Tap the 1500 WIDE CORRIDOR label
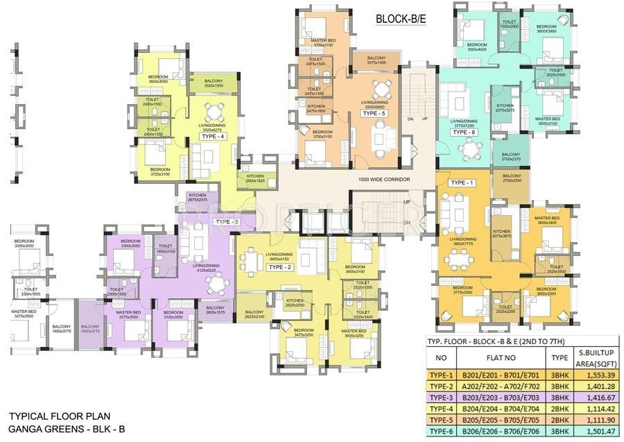[384, 179]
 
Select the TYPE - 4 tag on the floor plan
[213, 137]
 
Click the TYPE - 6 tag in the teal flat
[464, 132]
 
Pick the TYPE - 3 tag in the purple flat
[227, 221]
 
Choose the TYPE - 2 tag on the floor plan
[280, 266]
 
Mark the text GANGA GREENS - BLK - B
[67, 429]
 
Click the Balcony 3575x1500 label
[376, 60]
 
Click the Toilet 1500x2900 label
[510, 24]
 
